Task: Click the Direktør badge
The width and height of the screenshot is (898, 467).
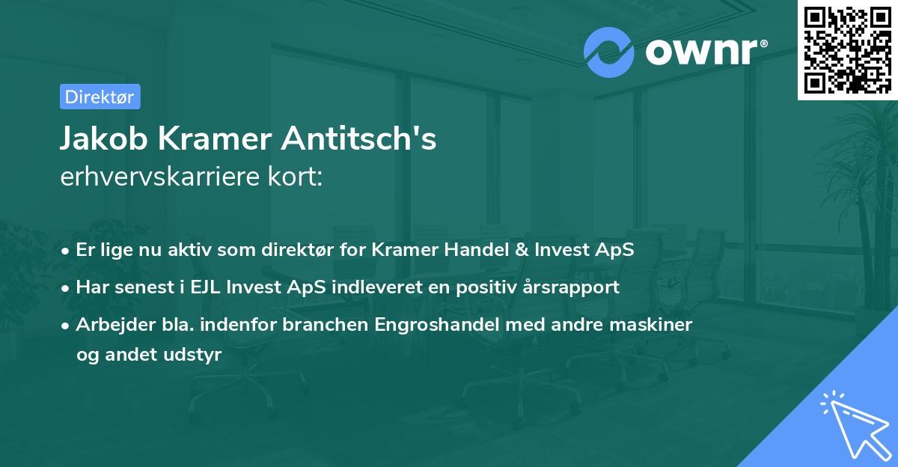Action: point(100,97)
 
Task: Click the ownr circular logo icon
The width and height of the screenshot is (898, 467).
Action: point(609,52)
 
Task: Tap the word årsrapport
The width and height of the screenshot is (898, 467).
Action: point(574,287)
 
